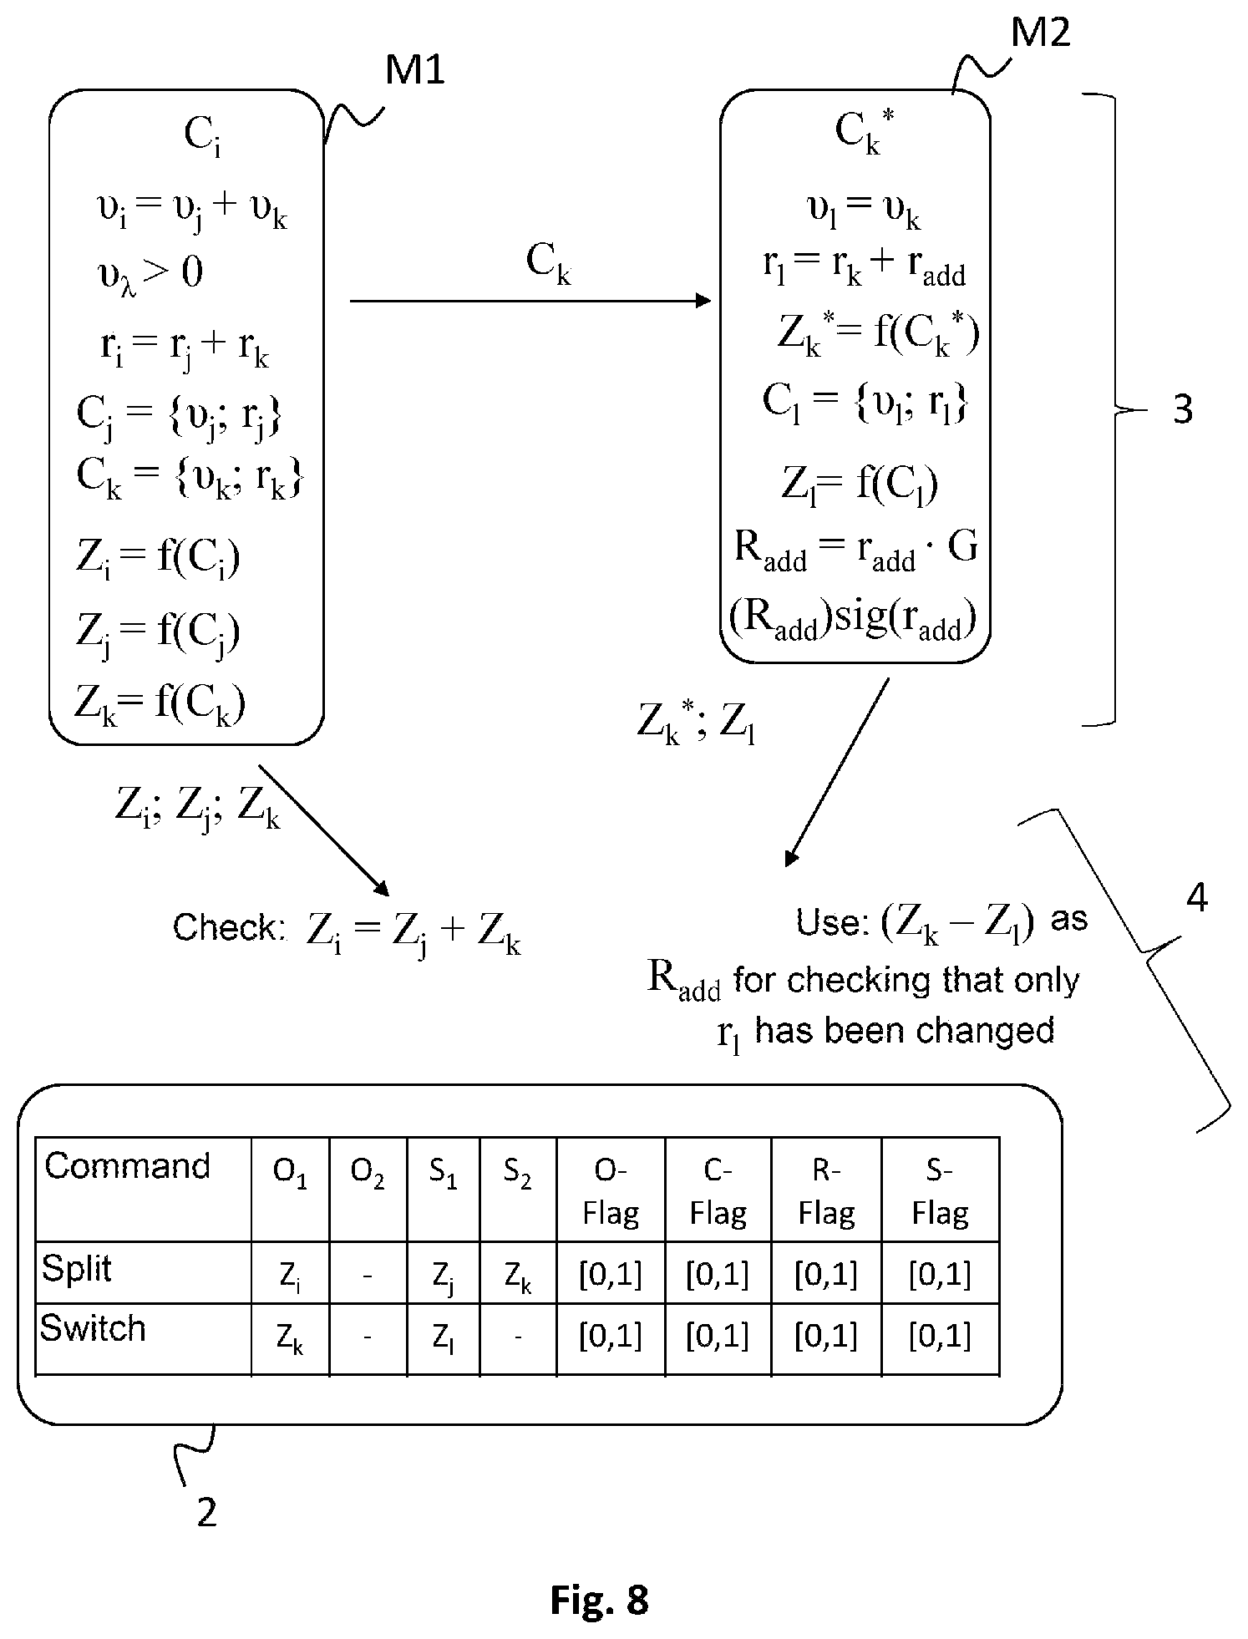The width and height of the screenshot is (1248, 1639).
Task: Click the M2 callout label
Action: tap(1041, 32)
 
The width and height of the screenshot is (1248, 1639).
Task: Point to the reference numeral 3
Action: tap(1183, 410)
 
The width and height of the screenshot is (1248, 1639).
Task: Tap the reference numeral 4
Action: tap(1197, 898)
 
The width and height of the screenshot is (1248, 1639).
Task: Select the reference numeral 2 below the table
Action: tap(206, 1512)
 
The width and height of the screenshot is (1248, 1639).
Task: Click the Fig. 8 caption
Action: tap(599, 1600)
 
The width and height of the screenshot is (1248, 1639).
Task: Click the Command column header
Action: tap(127, 1165)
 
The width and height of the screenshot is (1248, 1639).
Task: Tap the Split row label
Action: tap(76, 1268)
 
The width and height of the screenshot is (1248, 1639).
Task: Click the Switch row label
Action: tap(93, 1328)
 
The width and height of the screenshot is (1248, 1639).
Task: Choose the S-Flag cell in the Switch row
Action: tap(940, 1337)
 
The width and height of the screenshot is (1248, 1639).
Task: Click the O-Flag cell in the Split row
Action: tap(611, 1275)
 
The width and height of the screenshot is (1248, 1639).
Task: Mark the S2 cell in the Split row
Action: tap(518, 1277)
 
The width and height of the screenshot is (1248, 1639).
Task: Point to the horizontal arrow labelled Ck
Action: tap(530, 301)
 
